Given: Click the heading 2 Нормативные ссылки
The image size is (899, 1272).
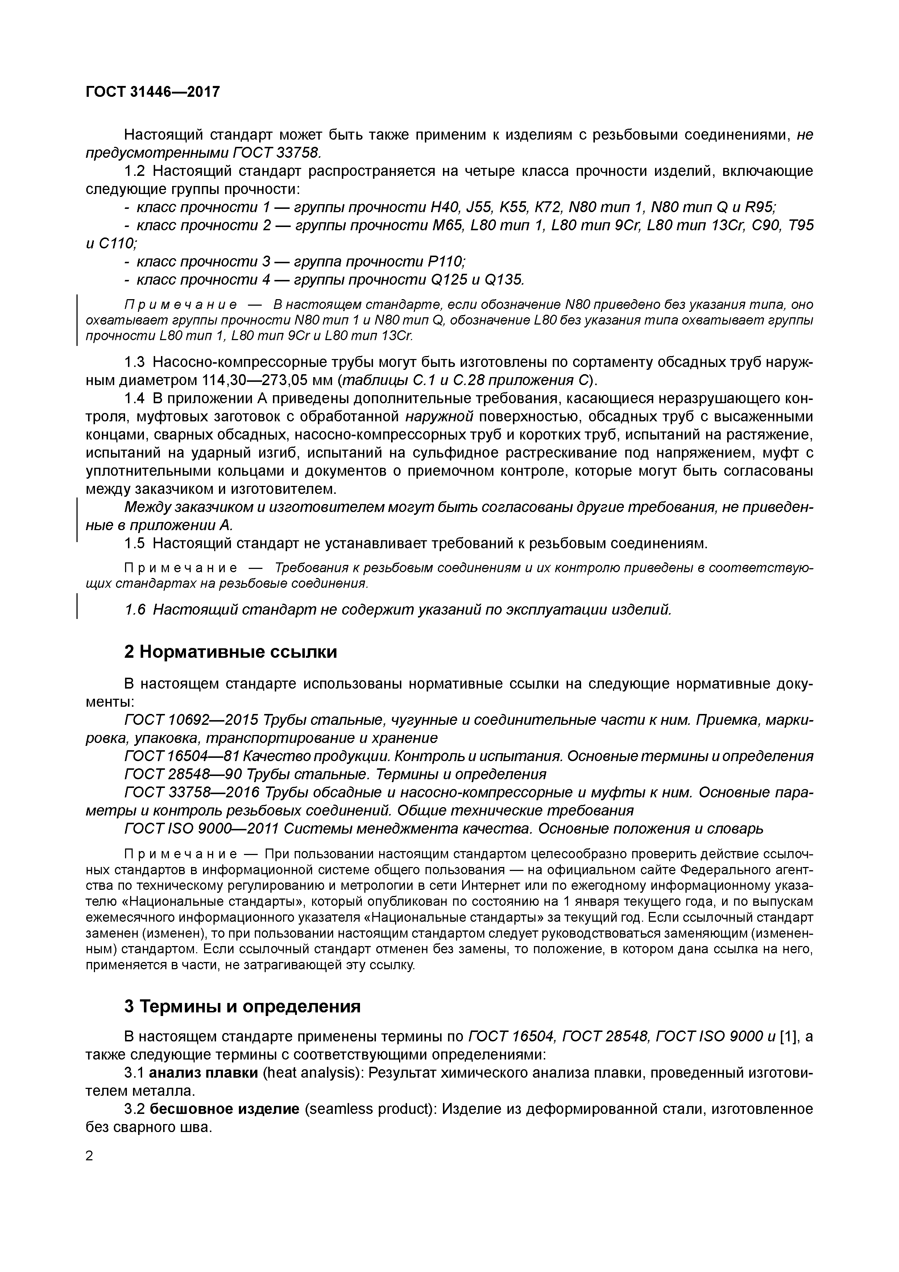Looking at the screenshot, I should [x=231, y=652].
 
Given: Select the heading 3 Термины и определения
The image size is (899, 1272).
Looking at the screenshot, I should [x=242, y=1006].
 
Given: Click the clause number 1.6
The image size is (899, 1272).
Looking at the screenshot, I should [x=135, y=610].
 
